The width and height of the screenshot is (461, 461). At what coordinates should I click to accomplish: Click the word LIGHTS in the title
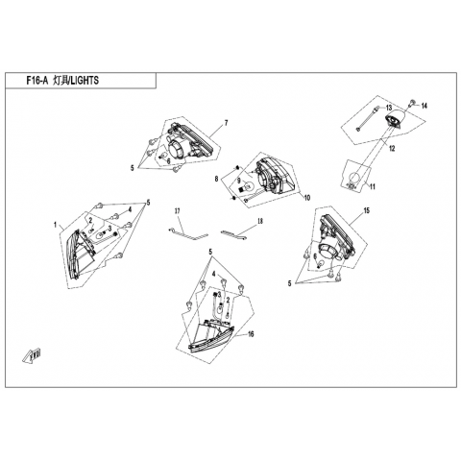(85, 81)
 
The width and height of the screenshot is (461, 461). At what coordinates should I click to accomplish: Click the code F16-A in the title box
(36, 81)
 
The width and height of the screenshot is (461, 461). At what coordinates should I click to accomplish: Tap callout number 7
(226, 123)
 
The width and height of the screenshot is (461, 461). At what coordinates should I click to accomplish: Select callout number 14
(425, 106)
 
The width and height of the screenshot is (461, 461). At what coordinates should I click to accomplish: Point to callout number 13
(389, 108)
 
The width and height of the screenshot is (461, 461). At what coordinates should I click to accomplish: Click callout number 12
(392, 148)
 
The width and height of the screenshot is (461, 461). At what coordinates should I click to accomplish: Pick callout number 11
(373, 186)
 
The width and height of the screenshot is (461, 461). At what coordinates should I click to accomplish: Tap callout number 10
(307, 198)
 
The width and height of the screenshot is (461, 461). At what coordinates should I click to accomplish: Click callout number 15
(367, 210)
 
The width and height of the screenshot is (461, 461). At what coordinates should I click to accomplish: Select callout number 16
(251, 334)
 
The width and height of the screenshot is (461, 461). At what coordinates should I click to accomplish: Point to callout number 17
(178, 211)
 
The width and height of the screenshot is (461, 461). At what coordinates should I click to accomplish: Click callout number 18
(260, 221)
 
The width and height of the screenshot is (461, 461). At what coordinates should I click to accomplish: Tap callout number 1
(55, 225)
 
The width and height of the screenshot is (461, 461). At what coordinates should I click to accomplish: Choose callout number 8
(216, 179)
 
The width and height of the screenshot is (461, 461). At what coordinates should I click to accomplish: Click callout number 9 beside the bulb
(239, 181)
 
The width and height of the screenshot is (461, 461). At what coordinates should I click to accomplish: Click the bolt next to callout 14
(412, 103)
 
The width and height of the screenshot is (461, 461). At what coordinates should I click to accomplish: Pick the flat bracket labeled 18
(234, 235)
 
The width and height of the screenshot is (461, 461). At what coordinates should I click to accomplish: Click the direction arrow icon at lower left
(33, 354)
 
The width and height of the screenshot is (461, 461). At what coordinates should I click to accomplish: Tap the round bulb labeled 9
(247, 186)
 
